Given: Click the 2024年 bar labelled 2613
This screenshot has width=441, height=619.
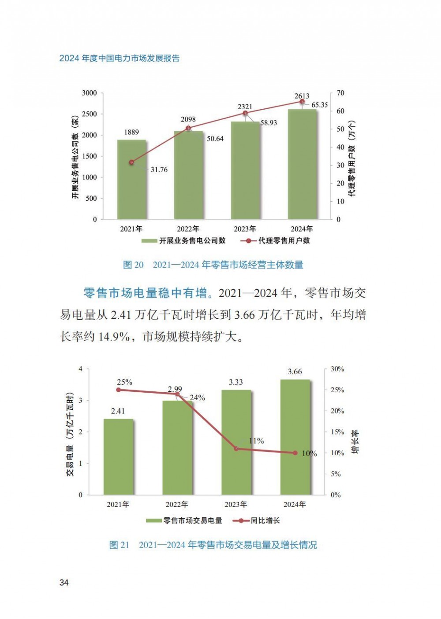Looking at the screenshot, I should (302, 165).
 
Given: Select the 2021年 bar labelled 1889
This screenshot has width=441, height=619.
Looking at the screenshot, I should (131, 180).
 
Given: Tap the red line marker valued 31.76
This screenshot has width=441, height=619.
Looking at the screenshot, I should (131, 162).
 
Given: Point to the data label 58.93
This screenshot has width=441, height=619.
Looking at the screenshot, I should (268, 123).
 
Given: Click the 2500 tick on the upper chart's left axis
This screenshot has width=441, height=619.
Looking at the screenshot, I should (89, 114).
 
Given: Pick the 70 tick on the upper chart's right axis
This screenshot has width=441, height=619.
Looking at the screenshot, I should (340, 93).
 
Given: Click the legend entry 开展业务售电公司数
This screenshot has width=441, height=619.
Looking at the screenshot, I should (184, 241).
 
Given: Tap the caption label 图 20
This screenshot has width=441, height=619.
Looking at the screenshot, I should (133, 265).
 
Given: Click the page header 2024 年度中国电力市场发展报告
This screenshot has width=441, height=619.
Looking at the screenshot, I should (120, 59).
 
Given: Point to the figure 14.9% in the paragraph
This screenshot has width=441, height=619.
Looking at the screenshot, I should (114, 337).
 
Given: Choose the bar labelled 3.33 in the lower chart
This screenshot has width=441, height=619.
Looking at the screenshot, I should (236, 442).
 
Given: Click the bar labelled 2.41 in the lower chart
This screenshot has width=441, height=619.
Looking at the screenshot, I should (118, 457).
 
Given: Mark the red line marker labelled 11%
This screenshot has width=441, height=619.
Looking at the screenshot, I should (236, 449).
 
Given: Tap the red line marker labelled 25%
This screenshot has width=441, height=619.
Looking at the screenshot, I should (118, 390).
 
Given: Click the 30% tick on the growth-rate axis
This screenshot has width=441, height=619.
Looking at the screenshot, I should (337, 369).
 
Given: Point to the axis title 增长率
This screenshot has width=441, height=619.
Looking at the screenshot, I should (355, 442).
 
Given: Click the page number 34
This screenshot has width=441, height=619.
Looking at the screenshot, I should (64, 582).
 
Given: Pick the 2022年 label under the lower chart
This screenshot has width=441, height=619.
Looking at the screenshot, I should (177, 505).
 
